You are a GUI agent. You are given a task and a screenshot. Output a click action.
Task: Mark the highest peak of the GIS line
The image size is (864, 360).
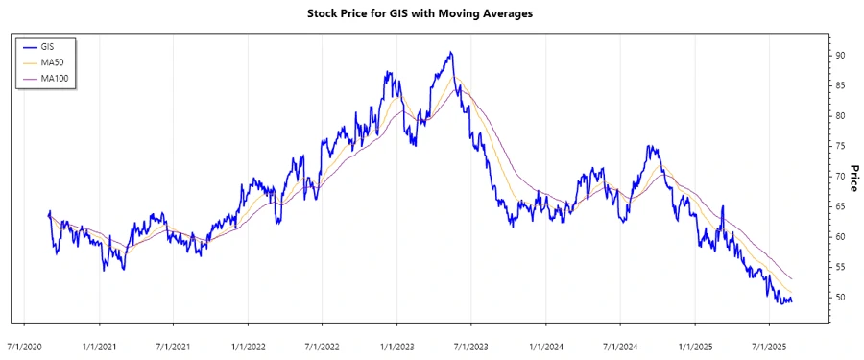click(x=450, y=52)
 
